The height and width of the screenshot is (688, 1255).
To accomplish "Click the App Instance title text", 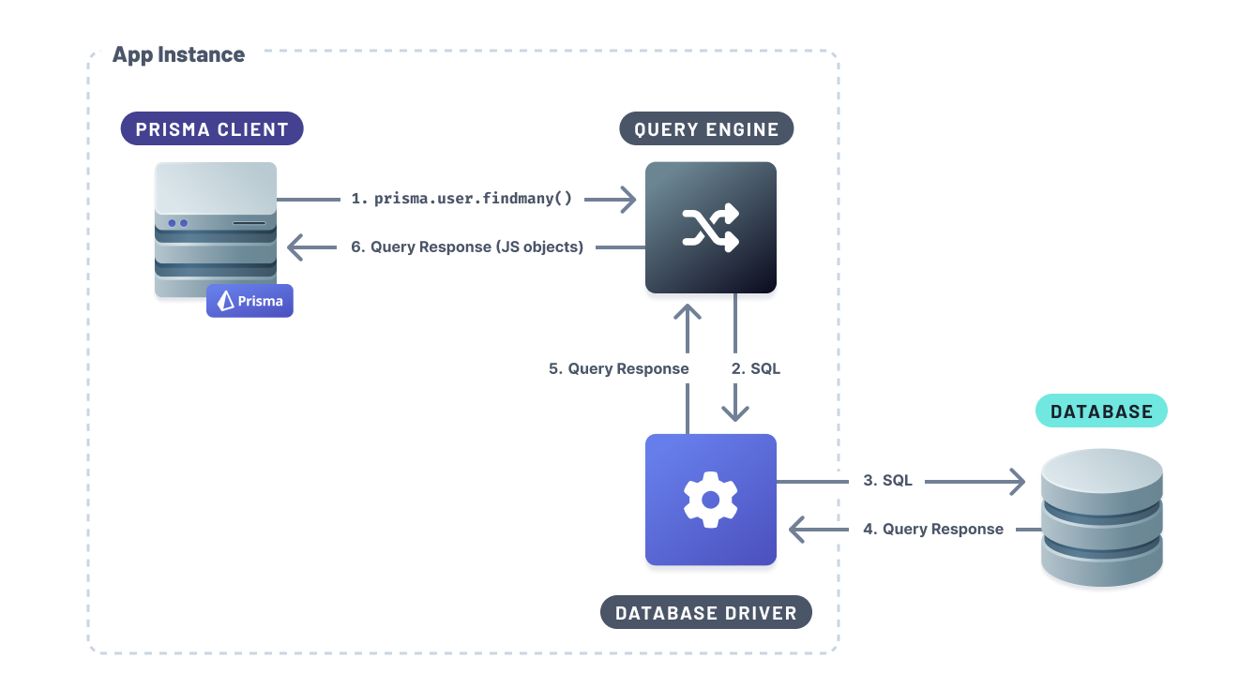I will coord(178,55).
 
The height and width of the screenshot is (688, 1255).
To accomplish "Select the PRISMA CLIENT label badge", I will coord(212,129).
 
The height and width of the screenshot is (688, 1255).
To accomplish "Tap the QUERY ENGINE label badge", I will coord(706,129).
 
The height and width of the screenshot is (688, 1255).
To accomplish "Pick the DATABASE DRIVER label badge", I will coord(705,614).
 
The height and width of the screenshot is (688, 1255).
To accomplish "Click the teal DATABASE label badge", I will coord(1101,411).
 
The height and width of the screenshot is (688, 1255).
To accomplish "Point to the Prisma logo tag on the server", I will coord(249,301).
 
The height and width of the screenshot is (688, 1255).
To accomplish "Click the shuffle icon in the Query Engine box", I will coord(710,228).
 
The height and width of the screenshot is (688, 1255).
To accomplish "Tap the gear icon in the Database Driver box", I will coord(710,500).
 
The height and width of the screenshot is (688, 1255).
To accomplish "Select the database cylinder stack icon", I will coord(1101,517).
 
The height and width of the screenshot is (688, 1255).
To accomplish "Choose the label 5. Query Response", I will coord(619,368).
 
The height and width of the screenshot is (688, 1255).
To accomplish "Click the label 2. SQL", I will coord(756,368).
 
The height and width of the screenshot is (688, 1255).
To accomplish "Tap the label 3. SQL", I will coord(887,481).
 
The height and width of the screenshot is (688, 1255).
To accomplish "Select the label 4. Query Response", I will coord(933,530).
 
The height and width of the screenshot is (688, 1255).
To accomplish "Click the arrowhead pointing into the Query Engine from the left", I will coord(626,199).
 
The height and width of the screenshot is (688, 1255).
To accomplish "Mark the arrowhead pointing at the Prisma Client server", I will coord(297,247).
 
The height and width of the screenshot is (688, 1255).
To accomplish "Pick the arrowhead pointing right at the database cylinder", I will coord(1015,481).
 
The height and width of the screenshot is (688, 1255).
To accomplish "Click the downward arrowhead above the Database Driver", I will coord(734,411).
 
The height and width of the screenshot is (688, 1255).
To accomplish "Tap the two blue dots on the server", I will coord(177,223).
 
